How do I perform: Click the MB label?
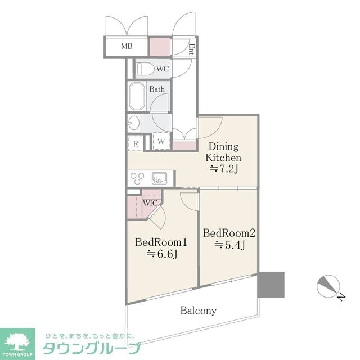pyautogui.click(x=127, y=46)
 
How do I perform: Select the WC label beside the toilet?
pyautogui.click(x=162, y=69)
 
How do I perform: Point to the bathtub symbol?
pyautogui.click(x=137, y=97)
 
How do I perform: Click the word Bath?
pyautogui.click(x=157, y=89)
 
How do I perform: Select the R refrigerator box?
pyautogui.click(x=136, y=143)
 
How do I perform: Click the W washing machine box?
pyautogui.click(x=161, y=141)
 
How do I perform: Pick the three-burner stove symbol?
pyautogui.click(x=138, y=178)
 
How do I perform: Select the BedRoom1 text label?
pyautogui.click(x=161, y=242)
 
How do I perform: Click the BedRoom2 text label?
pyautogui.click(x=229, y=232)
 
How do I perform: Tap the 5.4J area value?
pyautogui.click(x=229, y=245)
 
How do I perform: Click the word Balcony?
pyautogui.click(x=199, y=310)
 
